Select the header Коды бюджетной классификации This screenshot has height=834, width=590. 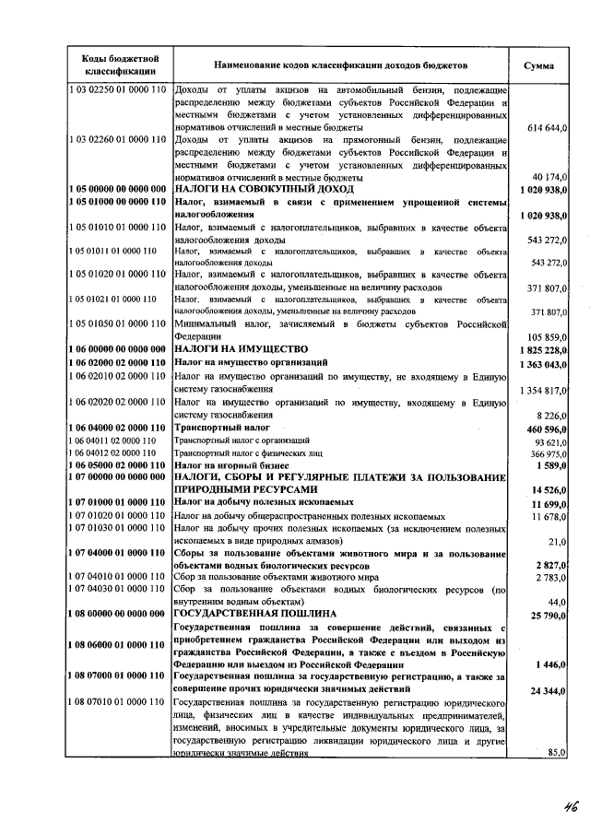click(115, 65)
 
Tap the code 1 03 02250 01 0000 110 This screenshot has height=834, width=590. click(116, 90)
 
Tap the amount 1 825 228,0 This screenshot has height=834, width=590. click(543, 350)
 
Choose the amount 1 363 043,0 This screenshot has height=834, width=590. click(543, 364)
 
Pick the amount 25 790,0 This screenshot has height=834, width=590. click(549, 613)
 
